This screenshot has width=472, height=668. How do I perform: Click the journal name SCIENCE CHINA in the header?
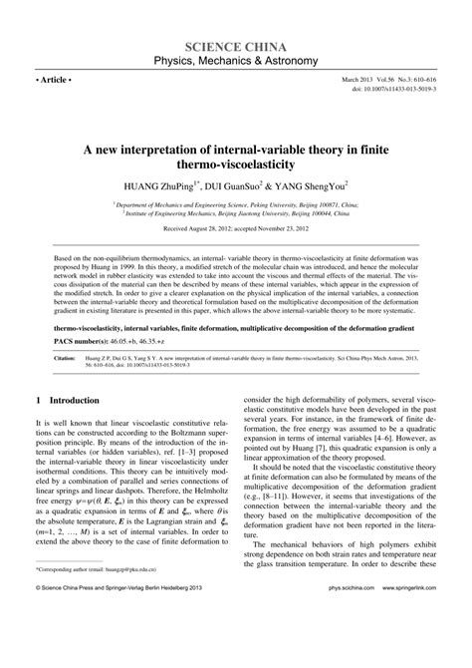[235, 47]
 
